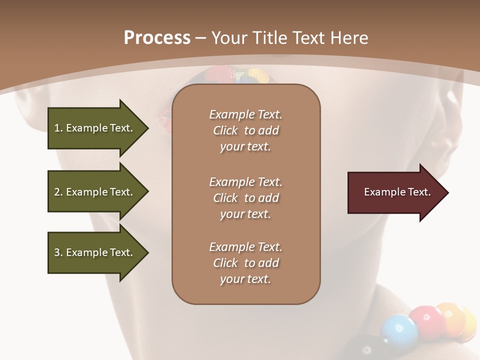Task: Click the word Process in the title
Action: [157, 38]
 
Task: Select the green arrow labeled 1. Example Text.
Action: [93, 128]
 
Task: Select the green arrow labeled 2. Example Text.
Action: [93, 192]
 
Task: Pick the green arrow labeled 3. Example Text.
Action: [93, 252]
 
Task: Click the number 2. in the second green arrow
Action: [58, 192]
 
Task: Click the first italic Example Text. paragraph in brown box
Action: [245, 130]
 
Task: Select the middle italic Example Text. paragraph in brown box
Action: [245, 198]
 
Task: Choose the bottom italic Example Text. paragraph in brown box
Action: [245, 263]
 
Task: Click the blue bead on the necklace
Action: [399, 330]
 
